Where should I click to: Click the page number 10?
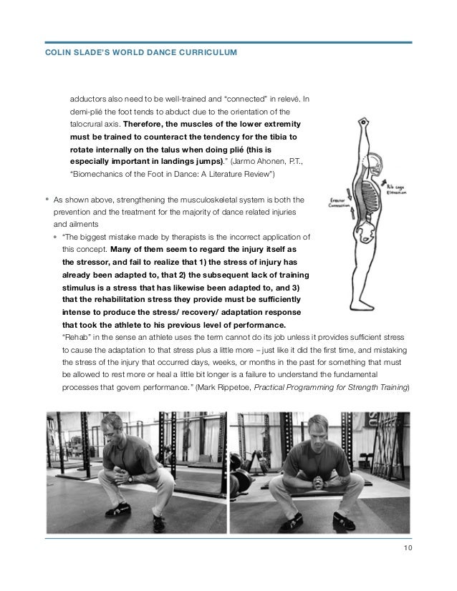coord(408,549)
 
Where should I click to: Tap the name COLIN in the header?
coord(59,54)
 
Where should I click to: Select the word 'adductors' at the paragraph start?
coord(90,99)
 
